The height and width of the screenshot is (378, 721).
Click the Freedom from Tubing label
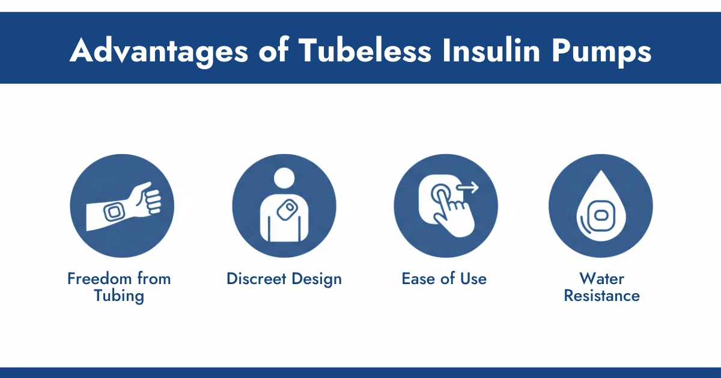coord(119,287)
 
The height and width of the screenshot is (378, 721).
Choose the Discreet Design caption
coord(284,279)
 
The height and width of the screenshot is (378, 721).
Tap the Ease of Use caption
coord(444,279)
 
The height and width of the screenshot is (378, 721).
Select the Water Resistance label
coord(601,287)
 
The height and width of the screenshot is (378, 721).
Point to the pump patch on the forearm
coord(112,212)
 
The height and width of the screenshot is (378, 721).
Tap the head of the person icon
coord(284,178)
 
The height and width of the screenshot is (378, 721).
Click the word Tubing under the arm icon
coord(119,296)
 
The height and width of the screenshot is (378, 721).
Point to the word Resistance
coord(601,296)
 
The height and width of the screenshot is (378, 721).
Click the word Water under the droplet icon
coord(601,279)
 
